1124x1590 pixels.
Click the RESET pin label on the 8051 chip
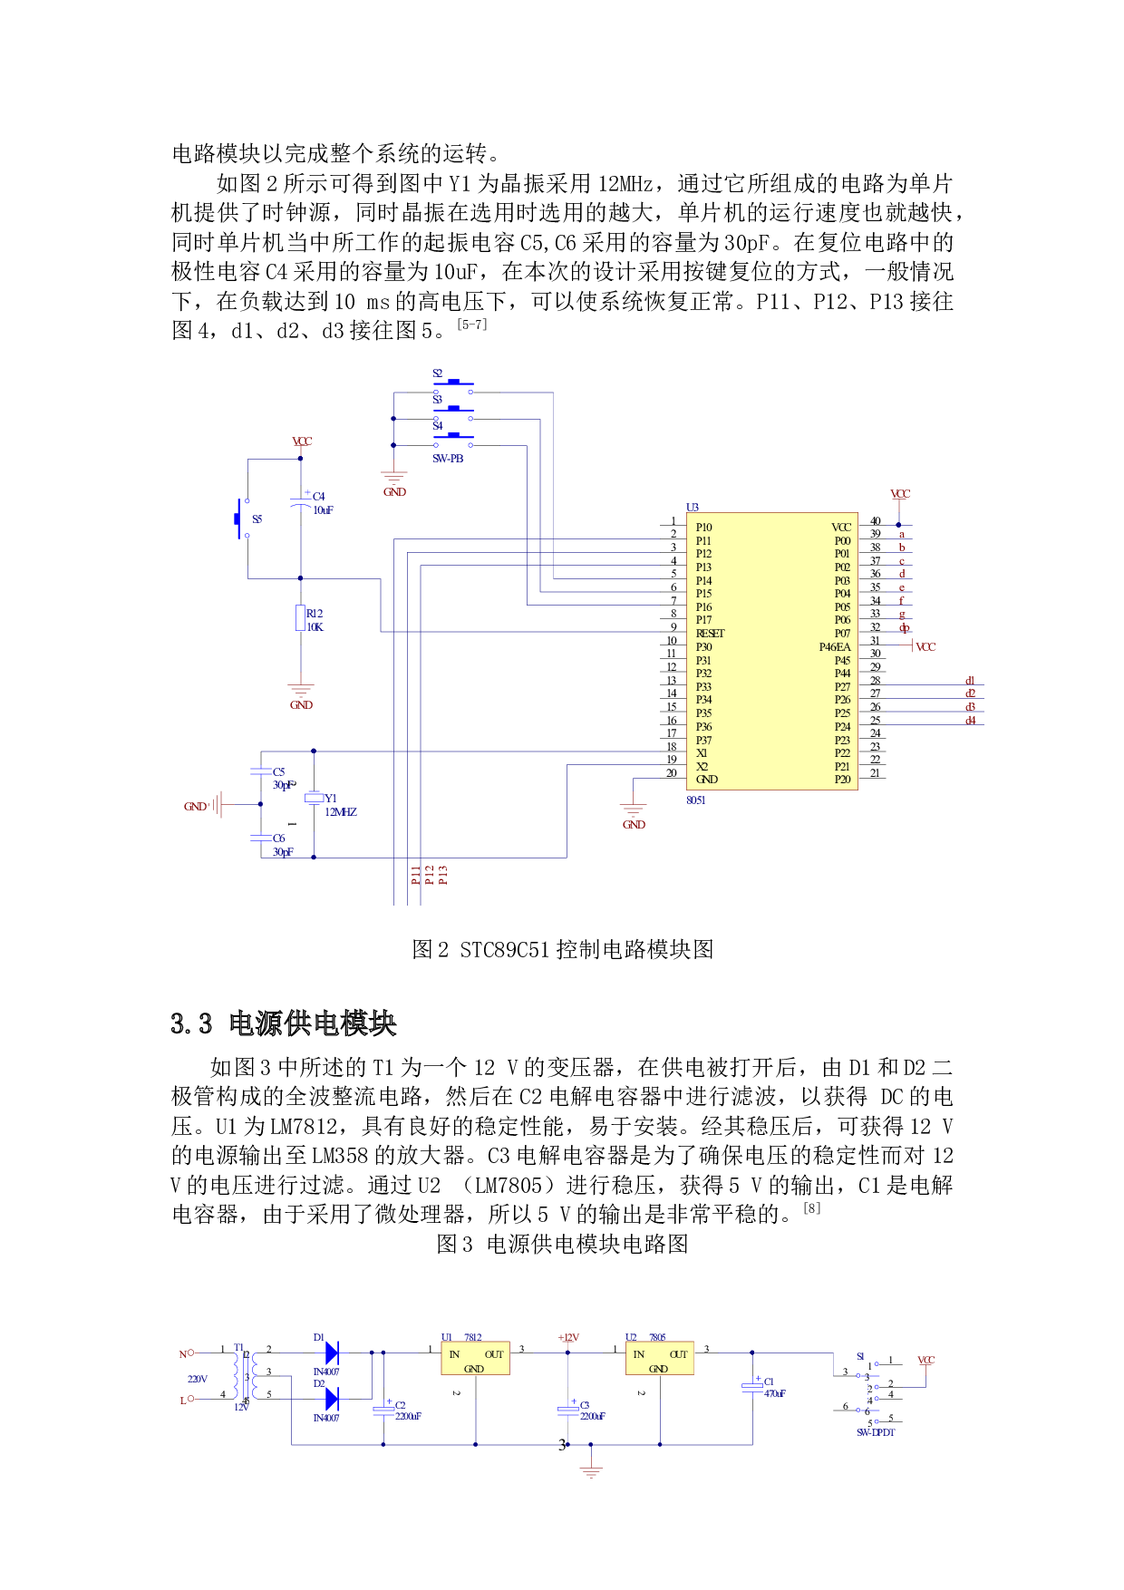click(710, 634)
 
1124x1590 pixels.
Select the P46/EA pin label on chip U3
click(834, 647)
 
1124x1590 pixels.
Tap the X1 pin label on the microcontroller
click(702, 753)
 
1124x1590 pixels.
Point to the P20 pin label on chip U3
click(842, 780)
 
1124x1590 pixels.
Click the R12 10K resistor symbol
click(301, 618)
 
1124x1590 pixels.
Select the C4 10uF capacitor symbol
click(301, 502)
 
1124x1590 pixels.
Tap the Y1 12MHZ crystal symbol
click(314, 798)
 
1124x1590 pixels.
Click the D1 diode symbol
click(332, 1353)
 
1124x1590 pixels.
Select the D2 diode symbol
click(332, 1399)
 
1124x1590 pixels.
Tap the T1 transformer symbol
click(246, 1376)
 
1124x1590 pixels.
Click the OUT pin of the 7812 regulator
click(494, 1354)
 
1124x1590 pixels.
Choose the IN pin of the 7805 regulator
click(639, 1354)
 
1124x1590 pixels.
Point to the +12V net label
click(569, 1338)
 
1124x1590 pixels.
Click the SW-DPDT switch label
click(876, 1432)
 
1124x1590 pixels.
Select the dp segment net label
click(904, 628)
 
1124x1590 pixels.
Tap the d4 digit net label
click(970, 721)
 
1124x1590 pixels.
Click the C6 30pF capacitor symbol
click(261, 839)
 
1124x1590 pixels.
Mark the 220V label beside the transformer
click(198, 1380)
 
